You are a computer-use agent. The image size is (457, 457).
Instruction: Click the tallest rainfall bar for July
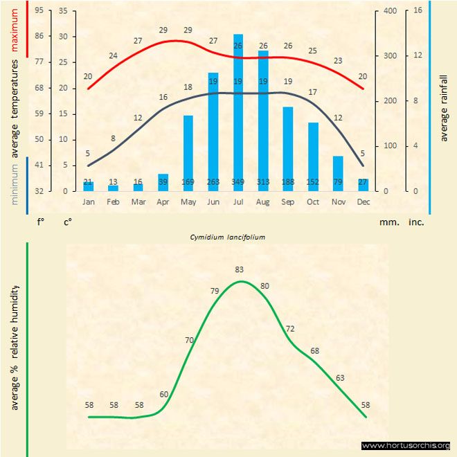coord(238,111)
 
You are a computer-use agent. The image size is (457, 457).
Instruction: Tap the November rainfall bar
coord(338,173)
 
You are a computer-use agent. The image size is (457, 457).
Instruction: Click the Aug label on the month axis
coord(263,202)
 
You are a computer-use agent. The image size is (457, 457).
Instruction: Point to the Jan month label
coord(89,202)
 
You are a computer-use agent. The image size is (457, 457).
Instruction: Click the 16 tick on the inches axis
coord(418,11)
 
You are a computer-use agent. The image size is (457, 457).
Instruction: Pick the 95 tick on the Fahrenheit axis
coord(39,11)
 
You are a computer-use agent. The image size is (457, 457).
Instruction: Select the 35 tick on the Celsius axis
coord(64,11)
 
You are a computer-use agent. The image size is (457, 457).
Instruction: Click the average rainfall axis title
coord(444,107)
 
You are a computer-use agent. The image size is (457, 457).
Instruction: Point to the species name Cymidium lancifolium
coord(228,236)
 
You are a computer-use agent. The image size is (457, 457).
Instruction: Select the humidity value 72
coord(290,328)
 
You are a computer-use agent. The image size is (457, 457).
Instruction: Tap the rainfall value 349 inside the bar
coord(238,182)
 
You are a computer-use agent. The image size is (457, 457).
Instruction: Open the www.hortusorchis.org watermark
coord(406,445)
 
